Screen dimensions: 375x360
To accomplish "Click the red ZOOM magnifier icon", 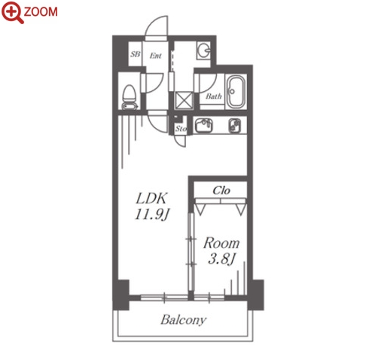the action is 12,11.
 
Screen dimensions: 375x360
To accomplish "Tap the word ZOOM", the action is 41,12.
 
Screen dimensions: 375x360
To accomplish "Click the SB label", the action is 136,54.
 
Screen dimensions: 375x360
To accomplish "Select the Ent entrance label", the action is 156,56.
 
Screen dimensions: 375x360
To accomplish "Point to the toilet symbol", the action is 130,97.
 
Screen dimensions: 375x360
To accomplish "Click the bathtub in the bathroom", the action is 236,91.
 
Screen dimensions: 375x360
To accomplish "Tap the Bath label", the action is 214,96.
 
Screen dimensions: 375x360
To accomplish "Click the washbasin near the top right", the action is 203,50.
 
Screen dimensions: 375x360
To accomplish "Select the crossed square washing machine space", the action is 184,100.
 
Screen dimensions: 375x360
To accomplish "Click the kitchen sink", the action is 204,125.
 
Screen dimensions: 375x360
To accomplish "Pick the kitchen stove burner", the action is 235,125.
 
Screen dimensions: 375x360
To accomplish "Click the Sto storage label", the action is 181,129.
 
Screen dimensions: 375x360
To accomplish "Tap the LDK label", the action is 151,199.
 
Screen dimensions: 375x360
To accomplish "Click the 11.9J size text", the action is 152,215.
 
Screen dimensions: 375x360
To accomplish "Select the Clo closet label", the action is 221,191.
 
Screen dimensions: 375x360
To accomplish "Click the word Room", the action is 221,243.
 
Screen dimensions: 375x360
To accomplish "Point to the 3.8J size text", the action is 222,259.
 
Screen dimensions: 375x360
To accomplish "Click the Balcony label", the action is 184,320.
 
